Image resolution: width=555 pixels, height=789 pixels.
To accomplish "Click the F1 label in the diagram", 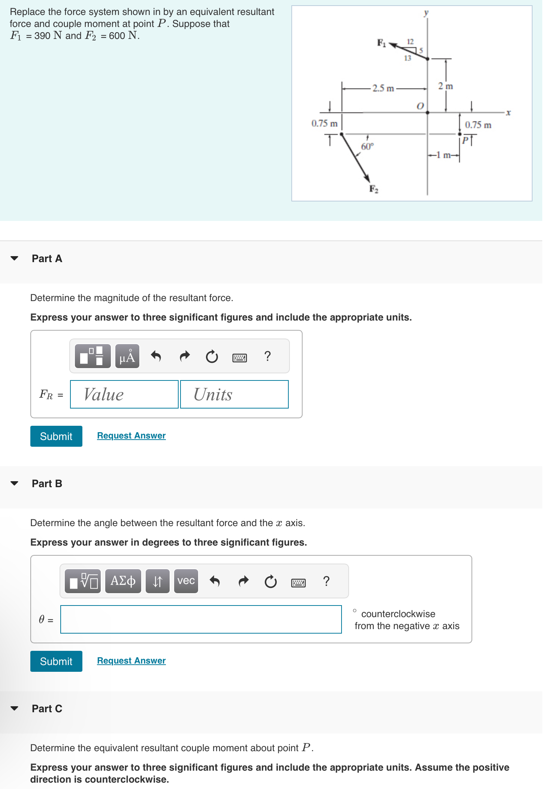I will (x=381, y=43).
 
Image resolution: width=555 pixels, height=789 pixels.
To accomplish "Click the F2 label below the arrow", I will (x=374, y=189).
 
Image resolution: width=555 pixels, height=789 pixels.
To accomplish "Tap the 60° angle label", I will (x=367, y=146).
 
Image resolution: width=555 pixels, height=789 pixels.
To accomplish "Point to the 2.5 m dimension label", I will (x=383, y=88).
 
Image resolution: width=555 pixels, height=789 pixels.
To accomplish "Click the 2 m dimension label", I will (x=446, y=86).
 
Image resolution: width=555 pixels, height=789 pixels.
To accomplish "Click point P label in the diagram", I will (x=465, y=140).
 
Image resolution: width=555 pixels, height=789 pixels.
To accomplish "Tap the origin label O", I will (x=420, y=106).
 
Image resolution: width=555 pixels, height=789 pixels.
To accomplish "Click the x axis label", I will (x=508, y=112).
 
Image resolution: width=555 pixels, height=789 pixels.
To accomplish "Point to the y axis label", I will (x=426, y=12).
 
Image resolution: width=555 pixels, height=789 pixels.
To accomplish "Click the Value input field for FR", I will (x=124, y=394).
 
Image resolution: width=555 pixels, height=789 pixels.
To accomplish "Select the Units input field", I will (x=234, y=394).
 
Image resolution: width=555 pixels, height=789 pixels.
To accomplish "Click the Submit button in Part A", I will (x=56, y=436).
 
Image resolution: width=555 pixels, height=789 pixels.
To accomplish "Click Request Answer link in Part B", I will (x=131, y=661).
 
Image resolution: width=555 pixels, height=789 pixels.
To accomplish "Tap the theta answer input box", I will (x=201, y=619).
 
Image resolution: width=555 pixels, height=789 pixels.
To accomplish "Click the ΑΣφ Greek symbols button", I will (x=123, y=581).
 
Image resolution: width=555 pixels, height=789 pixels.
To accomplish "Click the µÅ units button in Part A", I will (x=127, y=356).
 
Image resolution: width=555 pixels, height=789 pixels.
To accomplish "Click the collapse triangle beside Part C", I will (x=15, y=708).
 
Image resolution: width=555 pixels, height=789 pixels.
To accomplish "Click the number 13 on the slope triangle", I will (x=407, y=58).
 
